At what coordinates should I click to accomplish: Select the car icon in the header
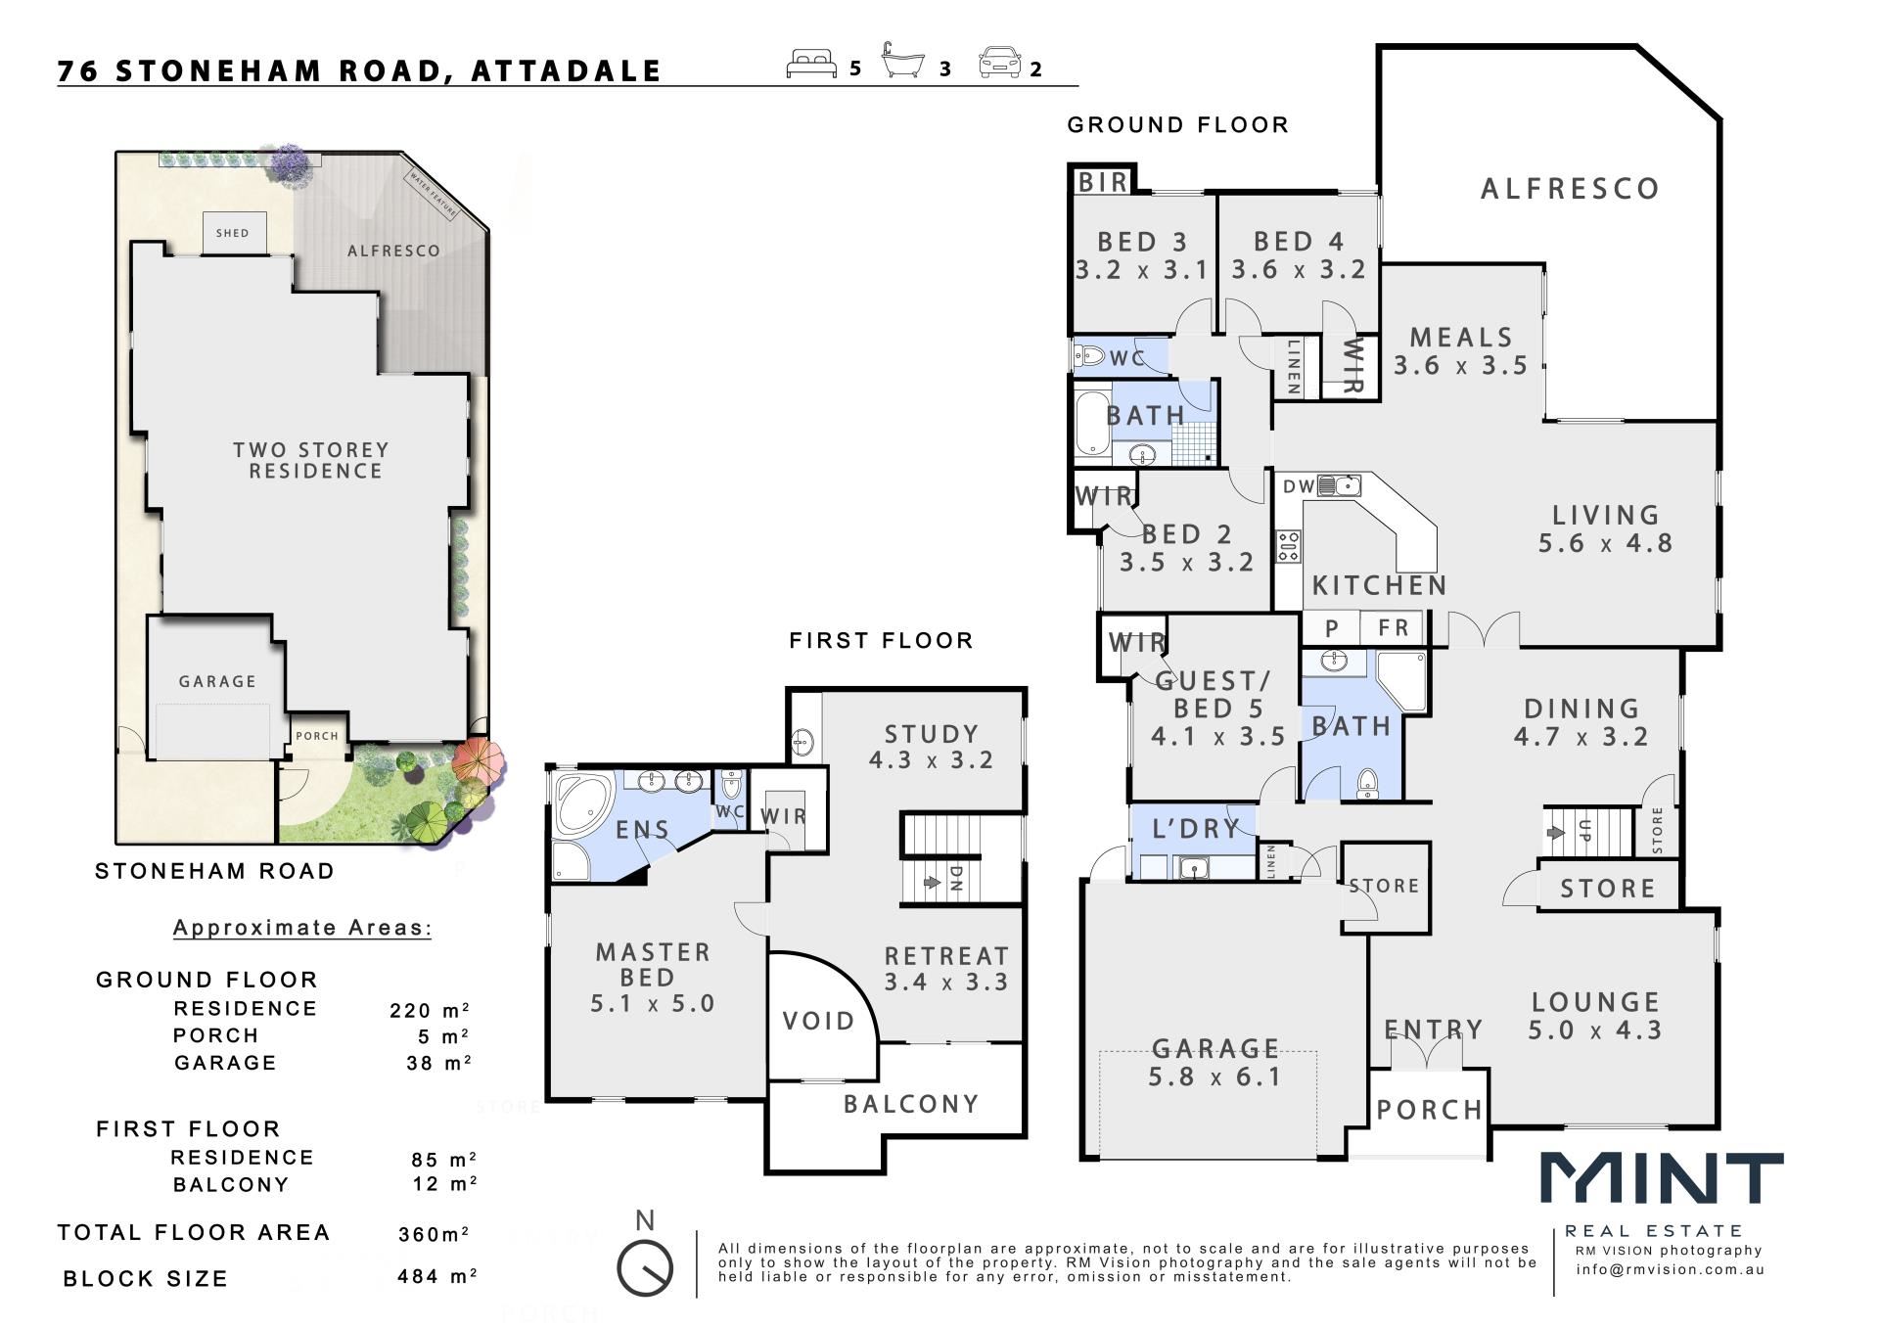pyautogui.click(x=999, y=63)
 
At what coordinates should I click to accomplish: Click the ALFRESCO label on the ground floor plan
pyautogui.click(x=1570, y=189)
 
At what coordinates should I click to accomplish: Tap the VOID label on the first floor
pyautogui.click(x=819, y=1022)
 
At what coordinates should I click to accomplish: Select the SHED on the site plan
pyautogui.click(x=233, y=234)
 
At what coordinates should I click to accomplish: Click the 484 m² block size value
pyautogui.click(x=437, y=1276)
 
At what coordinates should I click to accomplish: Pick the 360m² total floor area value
pyautogui.click(x=434, y=1234)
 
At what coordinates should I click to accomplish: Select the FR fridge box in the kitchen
pyautogui.click(x=1394, y=627)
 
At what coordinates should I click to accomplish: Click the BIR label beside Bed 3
pyautogui.click(x=1103, y=182)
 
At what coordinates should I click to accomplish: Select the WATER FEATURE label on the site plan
pyautogui.click(x=433, y=194)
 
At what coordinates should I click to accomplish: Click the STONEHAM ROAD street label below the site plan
pyautogui.click(x=214, y=871)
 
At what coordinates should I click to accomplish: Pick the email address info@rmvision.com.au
pyautogui.click(x=1670, y=1270)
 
